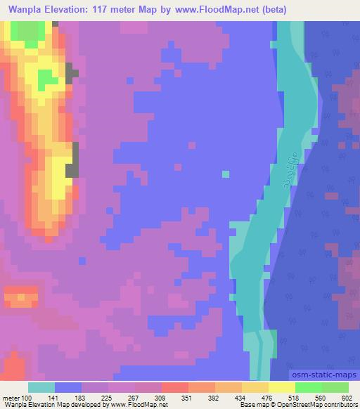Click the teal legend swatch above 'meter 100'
click(41, 387)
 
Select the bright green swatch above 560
click(308, 387)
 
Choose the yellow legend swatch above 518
click(281, 387)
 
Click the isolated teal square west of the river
click(225, 174)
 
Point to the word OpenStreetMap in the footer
click(314, 405)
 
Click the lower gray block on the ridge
click(72, 169)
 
